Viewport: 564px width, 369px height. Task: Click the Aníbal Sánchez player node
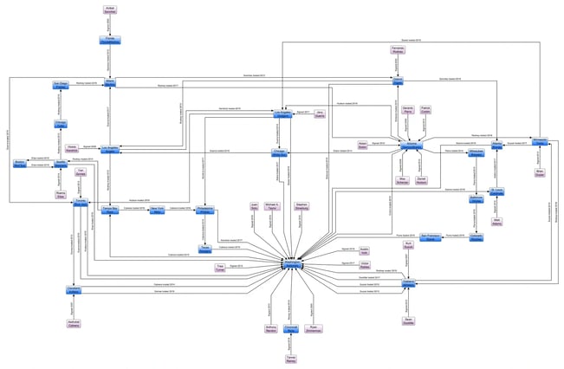coord(110,10)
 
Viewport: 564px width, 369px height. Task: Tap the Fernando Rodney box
coord(399,49)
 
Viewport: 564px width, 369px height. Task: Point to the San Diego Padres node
coord(61,86)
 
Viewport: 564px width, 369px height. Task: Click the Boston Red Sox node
coord(19,164)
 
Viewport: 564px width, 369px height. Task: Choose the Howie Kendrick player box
coord(73,148)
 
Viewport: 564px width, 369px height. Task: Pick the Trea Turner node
coord(220,268)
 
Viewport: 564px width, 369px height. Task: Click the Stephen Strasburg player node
coord(301,207)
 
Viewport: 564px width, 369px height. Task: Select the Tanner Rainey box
coord(291,358)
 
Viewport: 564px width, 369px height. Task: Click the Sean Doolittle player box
coord(408,320)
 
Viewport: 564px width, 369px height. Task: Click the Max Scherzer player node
coord(402,180)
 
